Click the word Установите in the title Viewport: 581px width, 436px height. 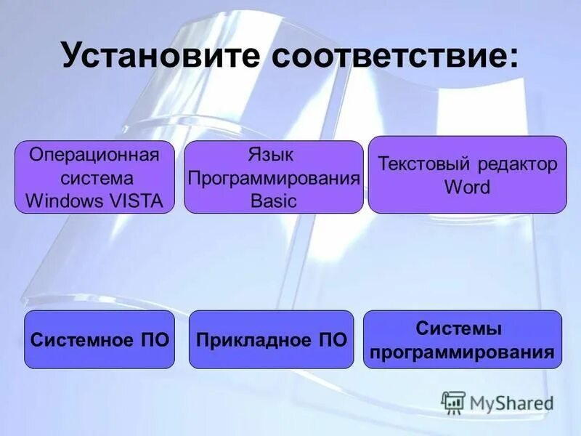tap(161, 55)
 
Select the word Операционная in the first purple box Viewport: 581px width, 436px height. tap(94, 155)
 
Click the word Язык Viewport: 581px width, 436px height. tap(275, 155)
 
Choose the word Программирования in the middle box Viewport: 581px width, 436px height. tap(274, 178)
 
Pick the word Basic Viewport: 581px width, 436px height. tap(274, 201)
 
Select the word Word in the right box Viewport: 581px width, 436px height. tap(467, 187)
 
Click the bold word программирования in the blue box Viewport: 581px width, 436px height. tap(462, 352)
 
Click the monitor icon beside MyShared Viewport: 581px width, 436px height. tap(454, 402)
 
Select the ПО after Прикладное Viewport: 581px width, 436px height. tap(333, 339)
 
